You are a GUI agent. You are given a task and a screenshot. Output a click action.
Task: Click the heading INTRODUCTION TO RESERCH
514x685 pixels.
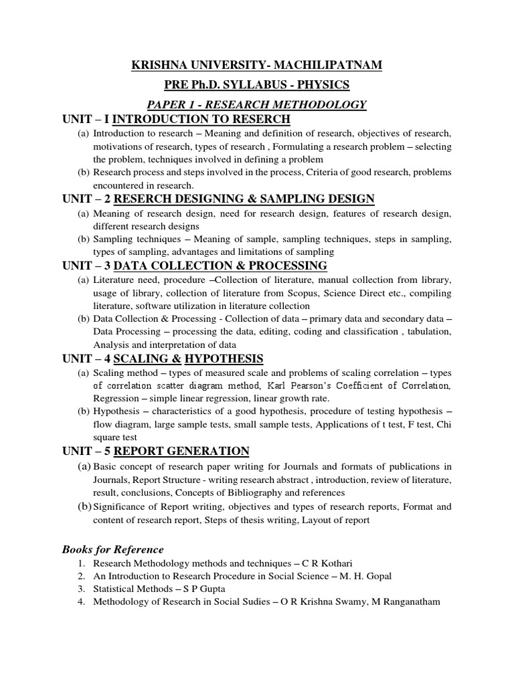(201, 119)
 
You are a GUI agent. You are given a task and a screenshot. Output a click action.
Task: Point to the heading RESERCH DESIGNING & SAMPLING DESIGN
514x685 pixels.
(245, 199)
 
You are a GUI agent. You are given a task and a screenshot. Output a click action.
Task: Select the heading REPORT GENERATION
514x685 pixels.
(181, 451)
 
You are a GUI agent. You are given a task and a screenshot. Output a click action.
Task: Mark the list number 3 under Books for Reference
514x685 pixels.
(80, 589)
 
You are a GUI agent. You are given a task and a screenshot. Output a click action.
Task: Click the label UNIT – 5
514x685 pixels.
(86, 451)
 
